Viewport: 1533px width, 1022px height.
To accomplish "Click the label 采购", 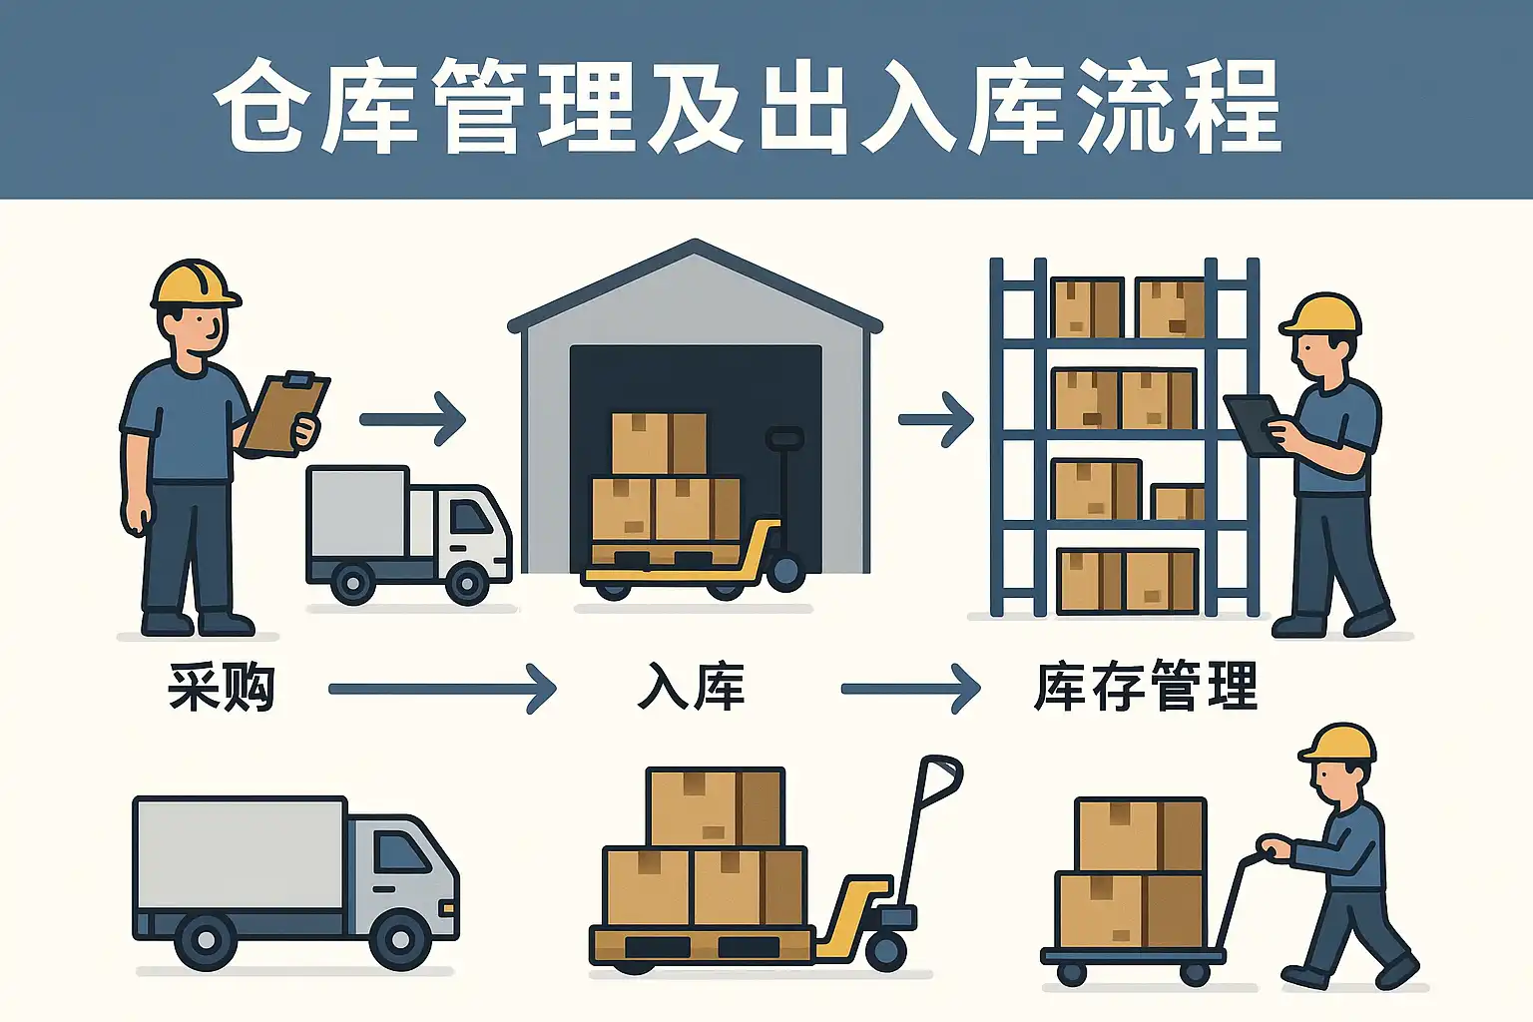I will pos(221,688).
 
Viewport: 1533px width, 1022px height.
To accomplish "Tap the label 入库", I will pos(691,688).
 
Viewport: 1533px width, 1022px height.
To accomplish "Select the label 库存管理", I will pos(1145,688).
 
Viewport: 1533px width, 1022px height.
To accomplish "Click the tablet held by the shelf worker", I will pos(1253,423).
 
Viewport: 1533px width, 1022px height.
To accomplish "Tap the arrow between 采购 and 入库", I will pos(442,689).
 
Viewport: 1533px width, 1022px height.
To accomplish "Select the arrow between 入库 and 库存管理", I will pos(910,689).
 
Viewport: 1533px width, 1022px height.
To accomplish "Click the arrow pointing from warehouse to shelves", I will pos(935,419).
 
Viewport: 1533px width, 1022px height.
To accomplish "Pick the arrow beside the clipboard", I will pos(412,419).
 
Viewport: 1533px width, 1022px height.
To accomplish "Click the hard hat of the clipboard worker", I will pos(194,283).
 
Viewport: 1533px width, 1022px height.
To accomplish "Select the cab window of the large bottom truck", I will pos(402,852).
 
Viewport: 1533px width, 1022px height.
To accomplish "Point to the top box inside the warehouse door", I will pos(659,443).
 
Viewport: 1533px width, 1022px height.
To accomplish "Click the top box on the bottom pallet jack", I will pos(715,806).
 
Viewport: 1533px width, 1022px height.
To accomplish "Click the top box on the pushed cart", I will pos(1140,834).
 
